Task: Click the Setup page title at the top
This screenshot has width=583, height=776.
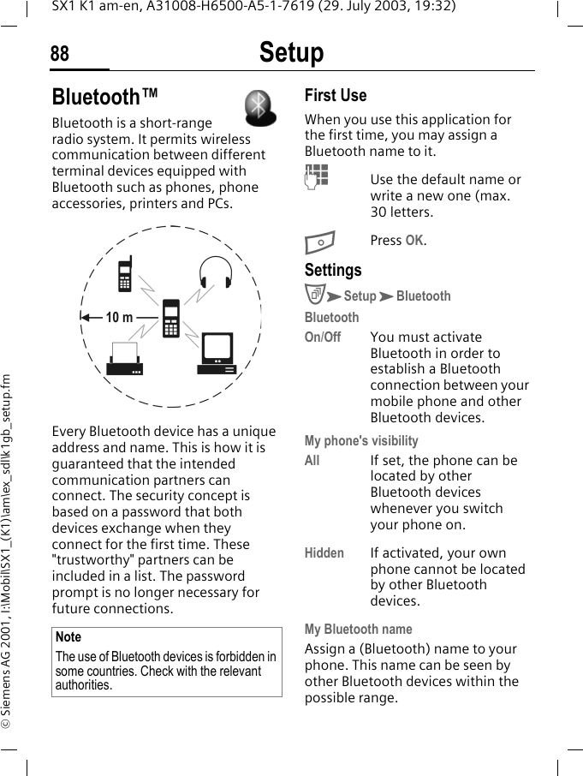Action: point(291,53)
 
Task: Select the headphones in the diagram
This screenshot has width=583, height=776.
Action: point(216,272)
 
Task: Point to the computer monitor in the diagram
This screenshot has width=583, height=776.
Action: point(216,354)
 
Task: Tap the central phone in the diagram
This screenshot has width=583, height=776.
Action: point(171,318)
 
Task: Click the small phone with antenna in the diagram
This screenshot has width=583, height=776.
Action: point(125,275)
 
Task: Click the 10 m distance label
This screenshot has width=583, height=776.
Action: point(119,318)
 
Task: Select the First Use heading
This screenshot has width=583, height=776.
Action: point(336,95)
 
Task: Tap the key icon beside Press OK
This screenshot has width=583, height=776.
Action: point(318,241)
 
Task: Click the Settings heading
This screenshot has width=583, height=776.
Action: point(333,270)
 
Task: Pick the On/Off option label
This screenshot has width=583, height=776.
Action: point(323,337)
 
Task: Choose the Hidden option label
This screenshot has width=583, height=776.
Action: point(324,553)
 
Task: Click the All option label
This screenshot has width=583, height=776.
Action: point(312,461)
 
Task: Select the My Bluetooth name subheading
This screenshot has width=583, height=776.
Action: point(358,630)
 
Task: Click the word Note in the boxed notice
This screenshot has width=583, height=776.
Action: point(68,637)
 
